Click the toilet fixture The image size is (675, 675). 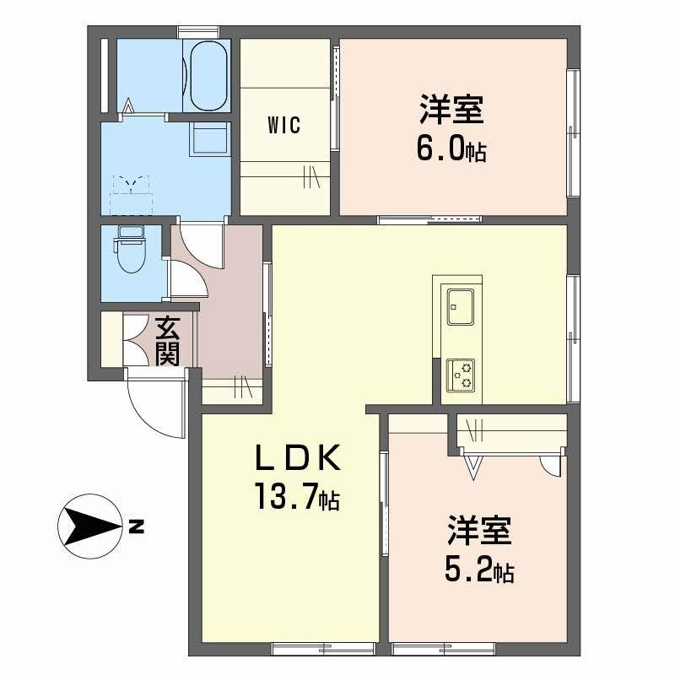(x=130, y=251)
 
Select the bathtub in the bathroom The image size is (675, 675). (x=208, y=76)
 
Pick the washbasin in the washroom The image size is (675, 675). (x=208, y=138)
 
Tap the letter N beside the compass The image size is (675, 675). (x=136, y=529)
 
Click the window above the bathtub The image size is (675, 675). (x=200, y=33)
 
